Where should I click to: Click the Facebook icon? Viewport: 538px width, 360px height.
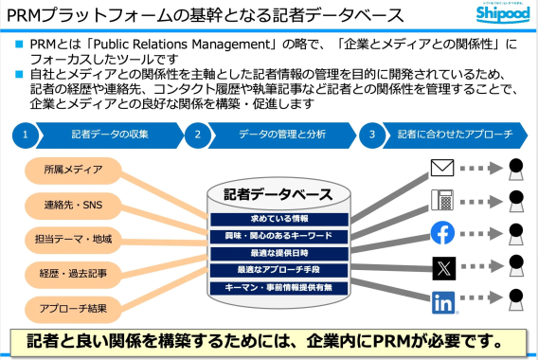coord(442,233)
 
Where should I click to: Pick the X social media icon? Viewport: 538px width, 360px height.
coord(442,266)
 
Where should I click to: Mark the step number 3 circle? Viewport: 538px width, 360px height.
coord(372,135)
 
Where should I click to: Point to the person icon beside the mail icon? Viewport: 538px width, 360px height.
coord(515,171)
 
